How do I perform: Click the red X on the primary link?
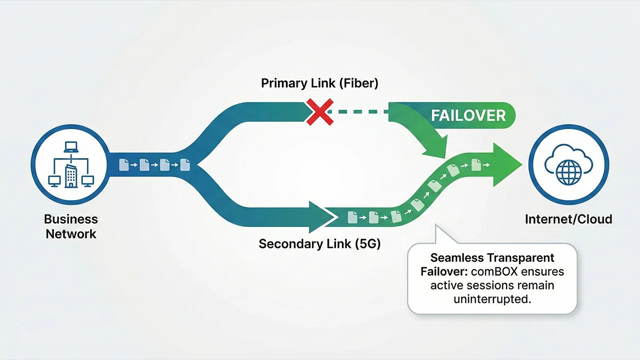(x=319, y=112)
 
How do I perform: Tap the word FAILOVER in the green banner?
(x=468, y=115)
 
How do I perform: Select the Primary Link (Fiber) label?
(x=319, y=83)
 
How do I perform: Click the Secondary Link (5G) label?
(x=319, y=244)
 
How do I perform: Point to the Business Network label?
(x=70, y=226)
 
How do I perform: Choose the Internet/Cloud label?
(x=568, y=219)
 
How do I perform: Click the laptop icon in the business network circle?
(x=69, y=147)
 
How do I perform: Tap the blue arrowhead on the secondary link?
(x=320, y=217)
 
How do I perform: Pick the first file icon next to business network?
(x=123, y=164)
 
